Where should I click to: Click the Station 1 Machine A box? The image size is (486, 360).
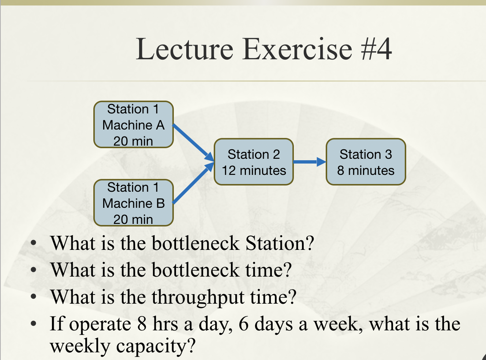[133, 125]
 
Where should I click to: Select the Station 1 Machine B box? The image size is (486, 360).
[133, 203]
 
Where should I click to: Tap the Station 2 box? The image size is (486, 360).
[254, 162]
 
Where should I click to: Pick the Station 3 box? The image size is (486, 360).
[366, 162]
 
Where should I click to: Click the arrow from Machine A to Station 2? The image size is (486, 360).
[192, 142]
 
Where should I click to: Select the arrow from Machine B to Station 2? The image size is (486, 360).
[192, 183]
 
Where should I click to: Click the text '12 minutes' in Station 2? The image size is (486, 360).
[254, 170]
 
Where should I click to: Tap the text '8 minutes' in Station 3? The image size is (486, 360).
[366, 170]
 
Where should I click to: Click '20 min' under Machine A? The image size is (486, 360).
[133, 141]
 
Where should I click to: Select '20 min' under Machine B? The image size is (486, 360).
[133, 220]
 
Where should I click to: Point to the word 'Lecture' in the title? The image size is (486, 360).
[184, 49]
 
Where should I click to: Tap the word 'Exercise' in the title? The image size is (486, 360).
[297, 49]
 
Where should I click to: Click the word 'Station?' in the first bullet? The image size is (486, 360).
[280, 243]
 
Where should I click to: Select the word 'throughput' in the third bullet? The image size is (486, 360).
[198, 297]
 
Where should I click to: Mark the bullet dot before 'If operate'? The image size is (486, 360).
[34, 324]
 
